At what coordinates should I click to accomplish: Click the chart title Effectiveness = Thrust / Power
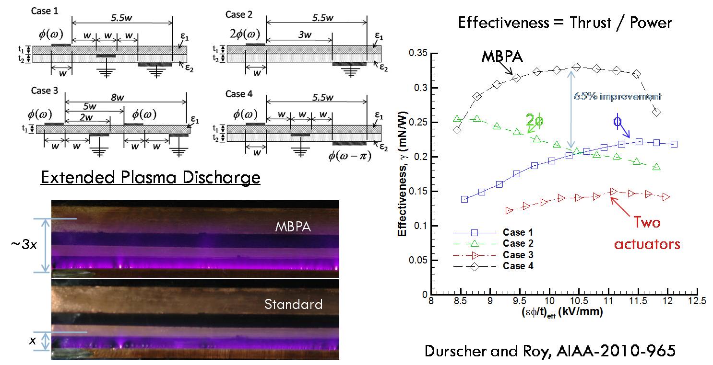(x=565, y=22)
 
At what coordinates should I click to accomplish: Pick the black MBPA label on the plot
(x=501, y=57)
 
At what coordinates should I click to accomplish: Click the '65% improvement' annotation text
(x=618, y=96)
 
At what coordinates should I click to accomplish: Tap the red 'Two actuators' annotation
(x=647, y=233)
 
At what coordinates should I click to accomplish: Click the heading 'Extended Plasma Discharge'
(x=150, y=178)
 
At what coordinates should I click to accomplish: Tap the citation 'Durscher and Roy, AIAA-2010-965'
(x=550, y=351)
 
